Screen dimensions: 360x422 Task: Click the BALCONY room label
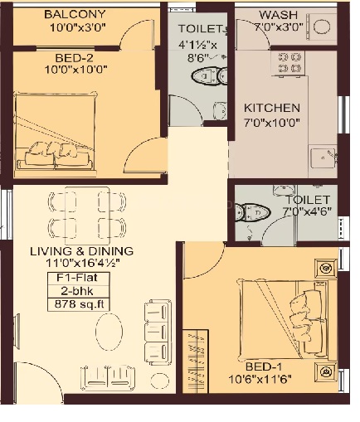75,14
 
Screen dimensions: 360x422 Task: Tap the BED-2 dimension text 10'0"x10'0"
75,70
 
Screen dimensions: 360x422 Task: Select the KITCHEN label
272,108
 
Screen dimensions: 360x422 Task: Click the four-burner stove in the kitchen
289,63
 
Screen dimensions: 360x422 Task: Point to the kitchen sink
323,158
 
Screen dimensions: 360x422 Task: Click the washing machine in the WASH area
322,27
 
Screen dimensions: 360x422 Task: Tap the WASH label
279,15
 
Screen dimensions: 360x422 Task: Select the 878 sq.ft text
79,304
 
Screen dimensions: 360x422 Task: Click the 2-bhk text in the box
77,291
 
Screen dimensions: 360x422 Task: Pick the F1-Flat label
77,278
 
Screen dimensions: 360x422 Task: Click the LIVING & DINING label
81,251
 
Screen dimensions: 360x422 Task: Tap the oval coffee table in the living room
109,332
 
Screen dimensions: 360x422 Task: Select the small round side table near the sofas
160,381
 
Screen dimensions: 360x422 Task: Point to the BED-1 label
264,366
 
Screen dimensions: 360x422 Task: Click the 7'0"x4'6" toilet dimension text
307,211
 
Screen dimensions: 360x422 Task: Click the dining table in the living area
87,216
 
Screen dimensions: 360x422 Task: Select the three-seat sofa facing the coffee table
158,332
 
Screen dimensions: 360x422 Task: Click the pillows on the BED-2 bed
59,155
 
